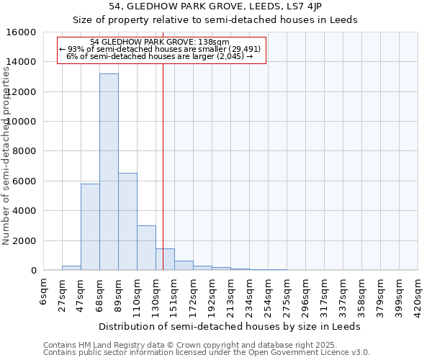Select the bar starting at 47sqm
(x=90, y=227)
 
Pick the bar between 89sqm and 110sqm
(x=127, y=222)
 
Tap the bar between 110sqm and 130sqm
(x=146, y=248)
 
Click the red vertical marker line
(x=163, y=166)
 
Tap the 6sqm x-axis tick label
(x=44, y=294)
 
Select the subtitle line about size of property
(x=215, y=19)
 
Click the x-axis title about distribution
(x=230, y=326)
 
